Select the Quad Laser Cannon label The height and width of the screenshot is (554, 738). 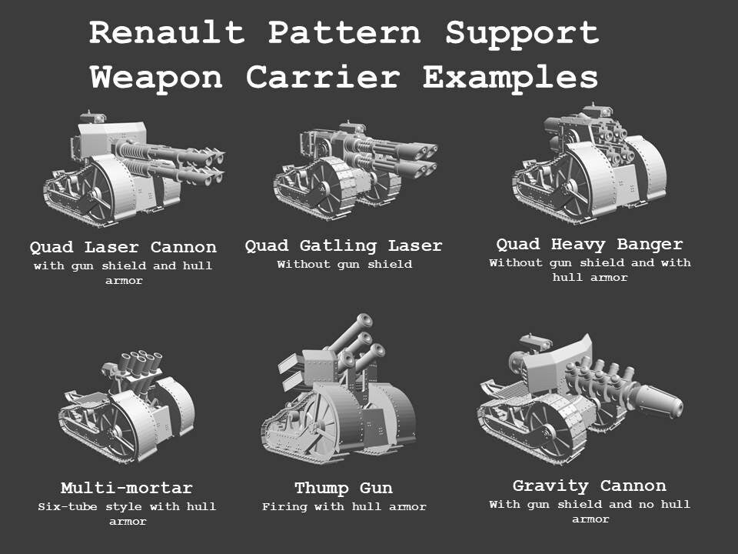point(123,248)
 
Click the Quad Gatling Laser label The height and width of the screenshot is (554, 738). point(344,246)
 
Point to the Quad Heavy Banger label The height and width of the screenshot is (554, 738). point(590,245)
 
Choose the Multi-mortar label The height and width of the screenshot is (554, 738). point(127,489)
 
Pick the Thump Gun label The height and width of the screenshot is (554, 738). point(344,489)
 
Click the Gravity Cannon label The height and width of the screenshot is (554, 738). point(590,486)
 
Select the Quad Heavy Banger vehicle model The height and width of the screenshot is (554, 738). point(588,165)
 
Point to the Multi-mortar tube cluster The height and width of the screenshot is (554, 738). point(141,365)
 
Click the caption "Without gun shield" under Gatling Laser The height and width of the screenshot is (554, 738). point(344,265)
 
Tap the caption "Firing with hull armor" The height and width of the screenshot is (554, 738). point(344,507)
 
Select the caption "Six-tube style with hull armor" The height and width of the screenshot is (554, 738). point(127,514)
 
